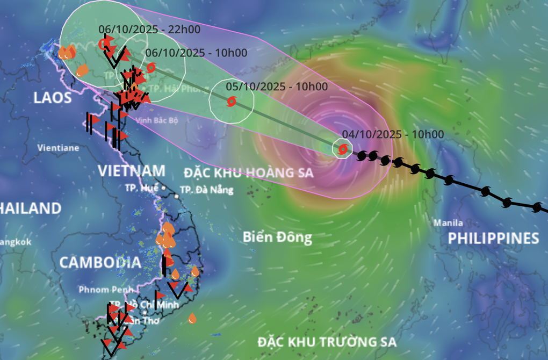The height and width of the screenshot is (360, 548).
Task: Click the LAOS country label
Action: (x=52, y=98)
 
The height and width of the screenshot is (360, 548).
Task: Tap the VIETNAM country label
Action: (x=132, y=171)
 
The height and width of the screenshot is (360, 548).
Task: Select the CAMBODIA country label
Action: (x=100, y=263)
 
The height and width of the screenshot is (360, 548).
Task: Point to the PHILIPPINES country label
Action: (x=493, y=239)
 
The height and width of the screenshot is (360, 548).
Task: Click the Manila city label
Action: (x=449, y=222)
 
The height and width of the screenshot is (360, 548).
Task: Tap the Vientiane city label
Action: (x=58, y=147)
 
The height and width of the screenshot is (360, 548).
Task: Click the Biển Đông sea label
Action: (x=277, y=237)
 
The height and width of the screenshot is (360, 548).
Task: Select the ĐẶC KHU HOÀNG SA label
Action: (x=248, y=173)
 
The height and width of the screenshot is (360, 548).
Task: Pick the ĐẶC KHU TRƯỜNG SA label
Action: (x=327, y=342)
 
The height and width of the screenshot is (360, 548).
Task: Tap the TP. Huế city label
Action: (x=142, y=188)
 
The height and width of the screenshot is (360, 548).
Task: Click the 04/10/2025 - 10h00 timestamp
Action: (x=393, y=134)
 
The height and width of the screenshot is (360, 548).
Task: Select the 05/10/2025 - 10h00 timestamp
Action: (x=276, y=86)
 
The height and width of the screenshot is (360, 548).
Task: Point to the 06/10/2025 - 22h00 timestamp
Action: (x=149, y=30)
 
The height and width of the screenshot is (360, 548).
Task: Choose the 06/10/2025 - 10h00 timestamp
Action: (x=196, y=53)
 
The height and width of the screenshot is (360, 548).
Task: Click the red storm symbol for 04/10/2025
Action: (x=342, y=148)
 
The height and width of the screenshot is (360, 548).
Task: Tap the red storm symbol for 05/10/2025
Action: (x=232, y=101)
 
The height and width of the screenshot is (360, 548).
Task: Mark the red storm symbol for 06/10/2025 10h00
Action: (x=151, y=67)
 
